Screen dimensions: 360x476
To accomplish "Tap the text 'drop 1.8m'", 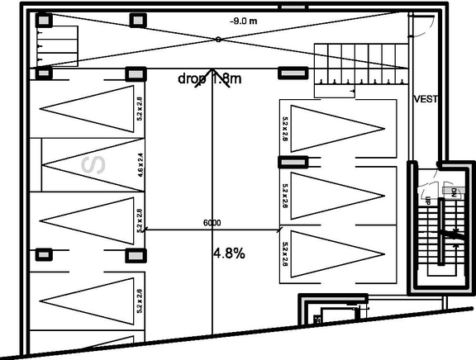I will point(209,79).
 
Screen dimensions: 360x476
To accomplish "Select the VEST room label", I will point(425,99).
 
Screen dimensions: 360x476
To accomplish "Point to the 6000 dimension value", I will point(212,223).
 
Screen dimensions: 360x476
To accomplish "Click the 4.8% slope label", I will point(229,254).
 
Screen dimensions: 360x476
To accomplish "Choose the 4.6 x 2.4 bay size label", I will point(140,165).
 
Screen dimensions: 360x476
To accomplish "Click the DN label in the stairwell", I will point(454,192).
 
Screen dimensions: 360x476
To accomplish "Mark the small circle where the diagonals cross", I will point(217,39).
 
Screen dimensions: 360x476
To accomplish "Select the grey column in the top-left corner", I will point(43,20).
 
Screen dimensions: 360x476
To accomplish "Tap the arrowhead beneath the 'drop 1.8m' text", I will point(213,75).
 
